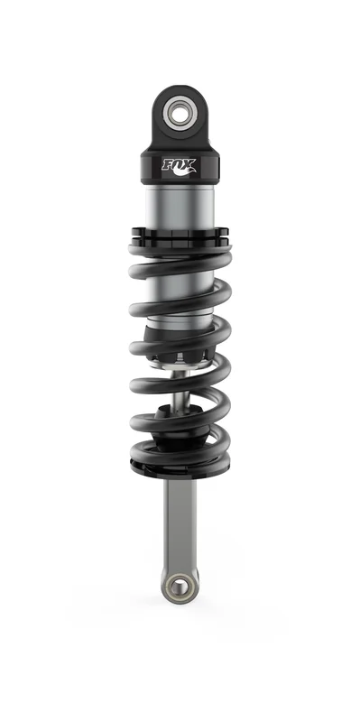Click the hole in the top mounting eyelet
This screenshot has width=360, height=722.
pyautogui.click(x=180, y=112)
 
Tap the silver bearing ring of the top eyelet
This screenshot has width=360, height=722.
pyautogui.click(x=180, y=105)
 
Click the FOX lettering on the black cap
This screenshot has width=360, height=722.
pyautogui.click(x=179, y=164)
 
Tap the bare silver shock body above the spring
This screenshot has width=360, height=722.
pyautogui.click(x=180, y=206)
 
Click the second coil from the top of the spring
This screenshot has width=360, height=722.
pyautogui.click(x=180, y=300)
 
